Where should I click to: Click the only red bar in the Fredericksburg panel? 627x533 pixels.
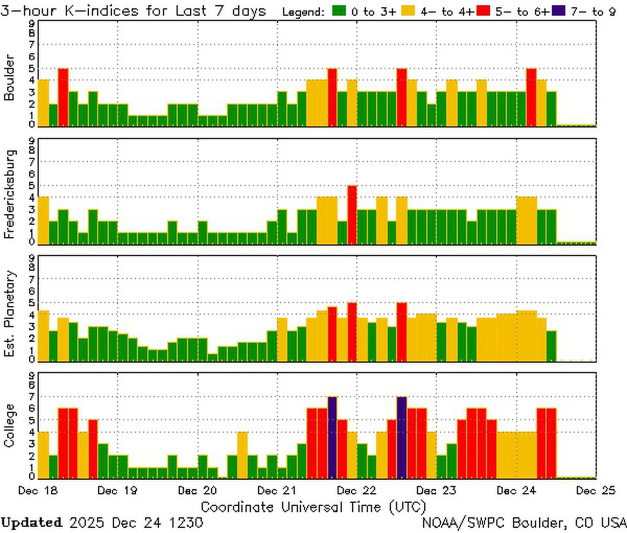pos(352,215)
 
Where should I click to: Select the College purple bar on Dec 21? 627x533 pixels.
pos(332,437)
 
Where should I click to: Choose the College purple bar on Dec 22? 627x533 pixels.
pos(402,437)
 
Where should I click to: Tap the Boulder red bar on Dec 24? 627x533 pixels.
pos(531,97)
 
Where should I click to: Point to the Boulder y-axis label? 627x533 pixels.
pos(9,77)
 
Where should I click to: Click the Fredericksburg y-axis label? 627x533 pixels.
pos(9,194)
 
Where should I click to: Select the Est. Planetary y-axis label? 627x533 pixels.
pos(9,314)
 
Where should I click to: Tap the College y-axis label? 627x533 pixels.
pos(9,426)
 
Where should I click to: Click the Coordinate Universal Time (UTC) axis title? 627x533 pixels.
pos(313,506)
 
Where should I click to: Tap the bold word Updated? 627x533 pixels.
pos(31,523)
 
